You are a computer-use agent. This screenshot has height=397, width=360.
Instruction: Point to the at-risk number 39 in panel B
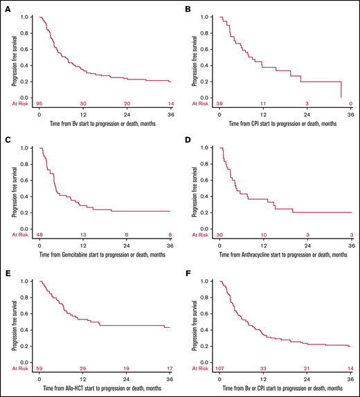coord(219,102)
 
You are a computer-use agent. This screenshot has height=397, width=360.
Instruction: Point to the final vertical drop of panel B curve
coord(341,90)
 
